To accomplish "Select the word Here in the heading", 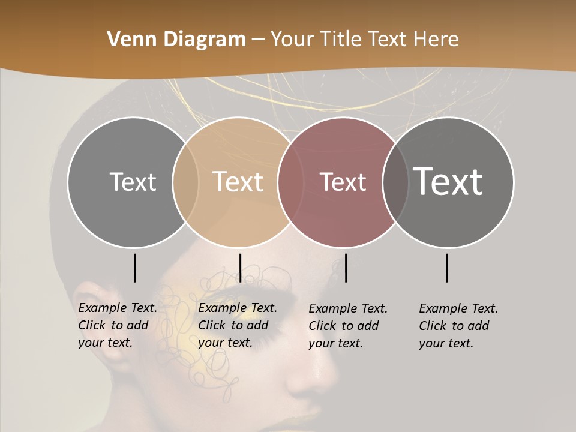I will click(x=436, y=40).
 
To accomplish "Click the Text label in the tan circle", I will click(x=238, y=182).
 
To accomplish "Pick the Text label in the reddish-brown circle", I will click(x=343, y=182).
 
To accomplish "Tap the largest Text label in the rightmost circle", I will click(x=448, y=181).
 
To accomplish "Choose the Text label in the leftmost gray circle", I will click(x=133, y=182).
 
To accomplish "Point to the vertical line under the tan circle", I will click(x=240, y=268).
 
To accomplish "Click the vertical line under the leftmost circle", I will click(x=134, y=268).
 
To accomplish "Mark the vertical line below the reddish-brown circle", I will click(x=346, y=268).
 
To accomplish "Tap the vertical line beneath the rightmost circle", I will click(x=447, y=268).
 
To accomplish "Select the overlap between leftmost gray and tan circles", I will click(x=185, y=182).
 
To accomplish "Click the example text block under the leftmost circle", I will click(x=117, y=326).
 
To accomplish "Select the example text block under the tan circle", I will click(x=237, y=326).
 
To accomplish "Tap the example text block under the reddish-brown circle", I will click(x=347, y=326).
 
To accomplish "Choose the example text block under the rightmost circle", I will click(x=458, y=326).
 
